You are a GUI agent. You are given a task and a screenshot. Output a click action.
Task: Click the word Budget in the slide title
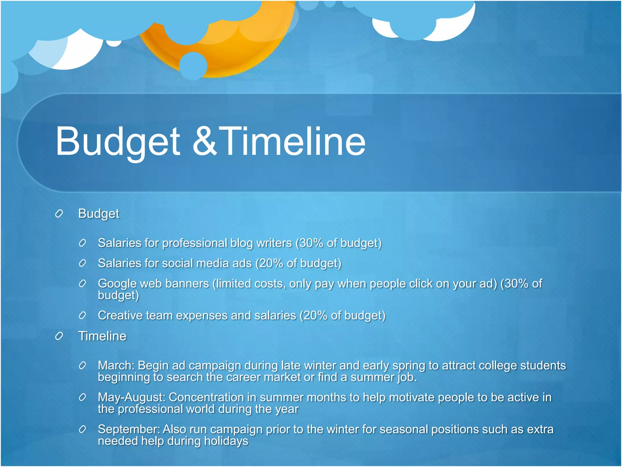pyautogui.click(x=118, y=142)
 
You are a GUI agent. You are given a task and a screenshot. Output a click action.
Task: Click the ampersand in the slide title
pyautogui.click(x=204, y=141)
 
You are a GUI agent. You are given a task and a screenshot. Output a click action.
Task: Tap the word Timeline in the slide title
pyautogui.click(x=292, y=141)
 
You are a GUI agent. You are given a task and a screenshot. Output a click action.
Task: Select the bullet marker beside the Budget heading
pyautogui.click(x=59, y=214)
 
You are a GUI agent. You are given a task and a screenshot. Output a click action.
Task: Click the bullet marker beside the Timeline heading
pyautogui.click(x=59, y=336)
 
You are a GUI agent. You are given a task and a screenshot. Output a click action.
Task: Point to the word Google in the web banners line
pyautogui.click(x=117, y=284)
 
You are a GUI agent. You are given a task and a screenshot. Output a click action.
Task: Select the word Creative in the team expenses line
pyautogui.click(x=120, y=316)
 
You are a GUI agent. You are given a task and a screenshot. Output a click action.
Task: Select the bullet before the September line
pyautogui.click(x=82, y=430)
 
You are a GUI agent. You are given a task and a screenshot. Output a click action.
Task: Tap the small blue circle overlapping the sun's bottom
pyautogui.click(x=193, y=66)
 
